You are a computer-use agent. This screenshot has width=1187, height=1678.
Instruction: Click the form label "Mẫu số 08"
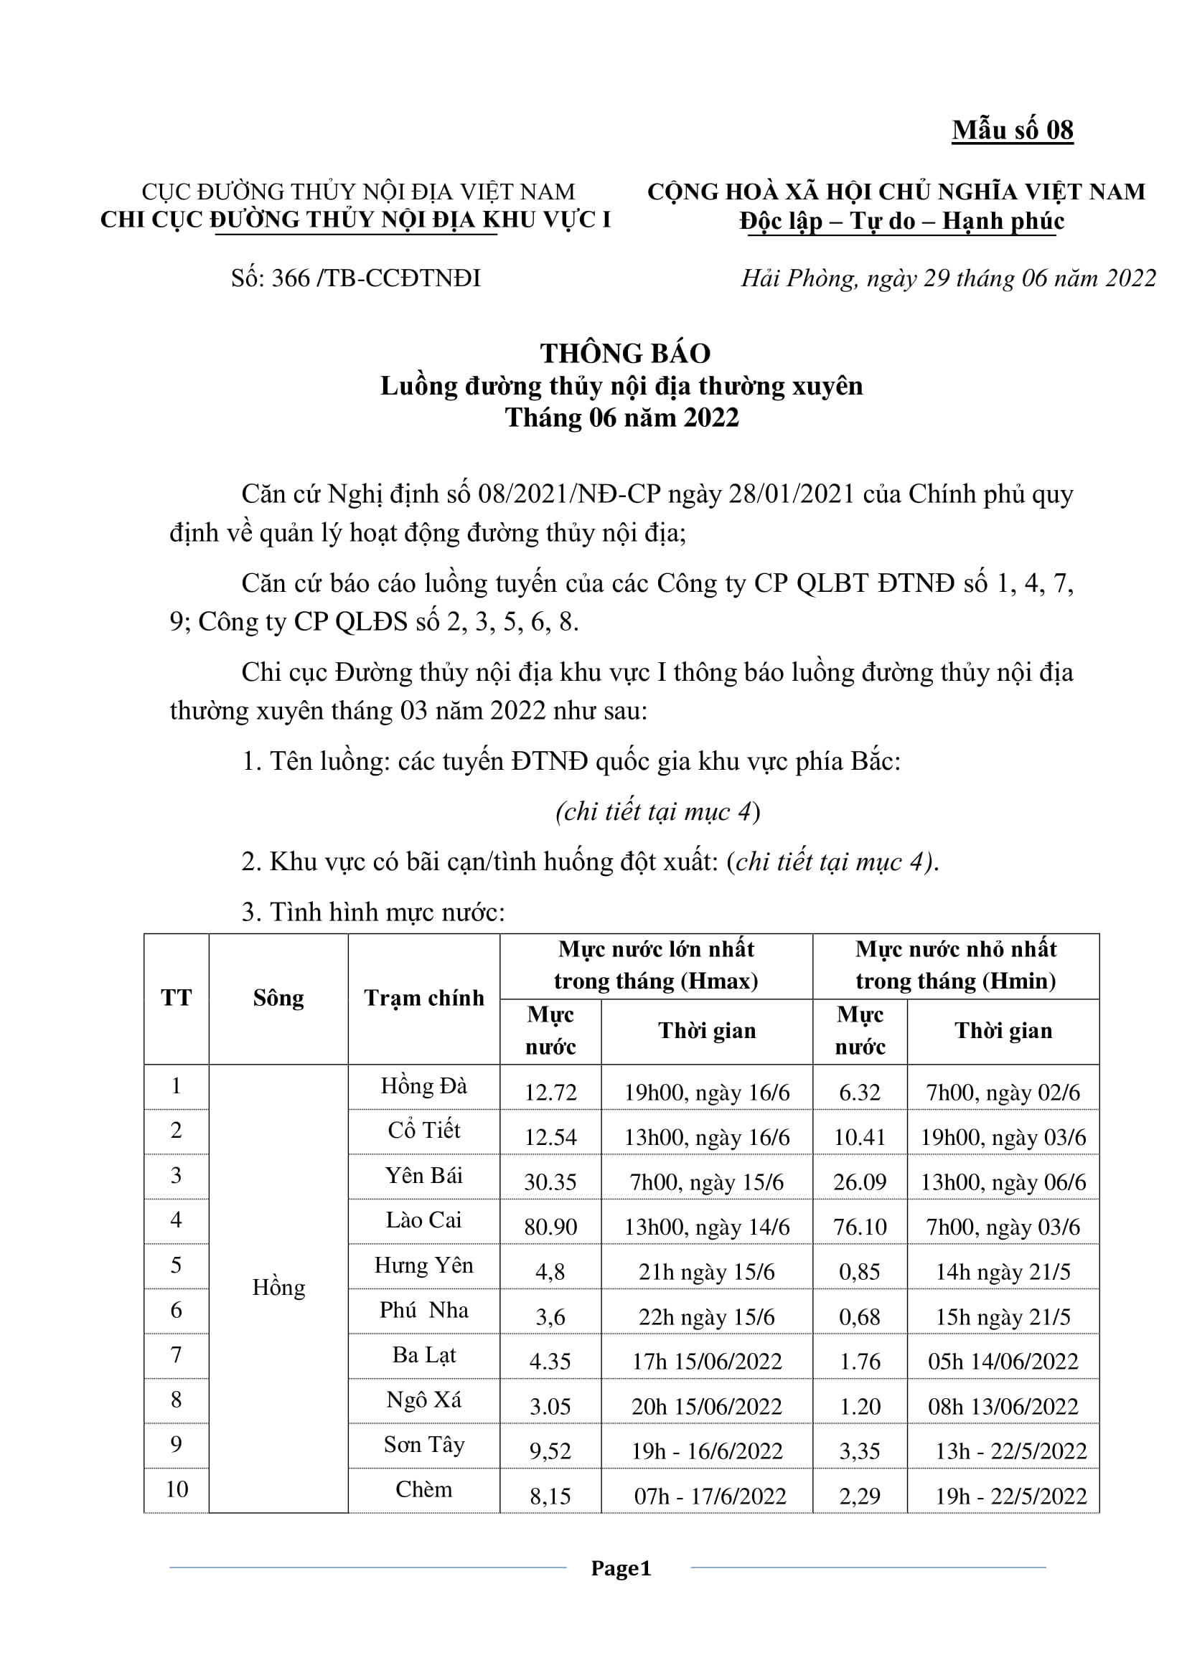pyautogui.click(x=1013, y=130)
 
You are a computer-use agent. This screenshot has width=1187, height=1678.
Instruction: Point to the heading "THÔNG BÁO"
pyautogui.click(x=625, y=354)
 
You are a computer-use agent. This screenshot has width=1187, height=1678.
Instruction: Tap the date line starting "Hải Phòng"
pyautogui.click(x=948, y=278)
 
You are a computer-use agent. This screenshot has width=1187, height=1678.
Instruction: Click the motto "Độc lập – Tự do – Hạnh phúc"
pyautogui.click(x=901, y=221)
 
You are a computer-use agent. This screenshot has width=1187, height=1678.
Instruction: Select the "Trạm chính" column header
pyautogui.click(x=424, y=999)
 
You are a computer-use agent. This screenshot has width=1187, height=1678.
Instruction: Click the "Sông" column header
pyautogui.click(x=278, y=999)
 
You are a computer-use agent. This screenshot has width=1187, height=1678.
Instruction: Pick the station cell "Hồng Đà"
pyautogui.click(x=424, y=1086)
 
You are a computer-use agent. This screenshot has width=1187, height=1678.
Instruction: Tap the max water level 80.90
pyautogui.click(x=550, y=1227)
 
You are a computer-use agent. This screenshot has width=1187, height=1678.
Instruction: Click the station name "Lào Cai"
pyautogui.click(x=424, y=1220)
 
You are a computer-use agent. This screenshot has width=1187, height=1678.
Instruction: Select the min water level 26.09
pyautogui.click(x=860, y=1182)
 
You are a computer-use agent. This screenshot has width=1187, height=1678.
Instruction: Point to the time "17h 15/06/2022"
pyautogui.click(x=707, y=1362)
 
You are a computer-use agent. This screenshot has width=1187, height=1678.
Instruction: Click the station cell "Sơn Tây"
pyautogui.click(x=424, y=1445)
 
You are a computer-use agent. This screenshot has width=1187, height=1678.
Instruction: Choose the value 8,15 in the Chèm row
pyautogui.click(x=550, y=1496)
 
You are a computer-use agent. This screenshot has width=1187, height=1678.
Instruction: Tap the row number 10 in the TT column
pyautogui.click(x=176, y=1489)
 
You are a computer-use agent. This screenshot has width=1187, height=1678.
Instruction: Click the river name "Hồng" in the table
pyautogui.click(x=278, y=1288)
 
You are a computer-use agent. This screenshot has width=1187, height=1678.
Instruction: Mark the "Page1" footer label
pyautogui.click(x=621, y=1568)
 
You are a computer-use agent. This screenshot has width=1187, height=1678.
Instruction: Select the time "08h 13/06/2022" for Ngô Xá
pyautogui.click(x=1003, y=1407)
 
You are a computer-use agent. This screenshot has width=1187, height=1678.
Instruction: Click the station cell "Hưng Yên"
pyautogui.click(x=424, y=1265)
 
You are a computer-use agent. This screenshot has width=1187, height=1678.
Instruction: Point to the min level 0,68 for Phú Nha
pyautogui.click(x=860, y=1317)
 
